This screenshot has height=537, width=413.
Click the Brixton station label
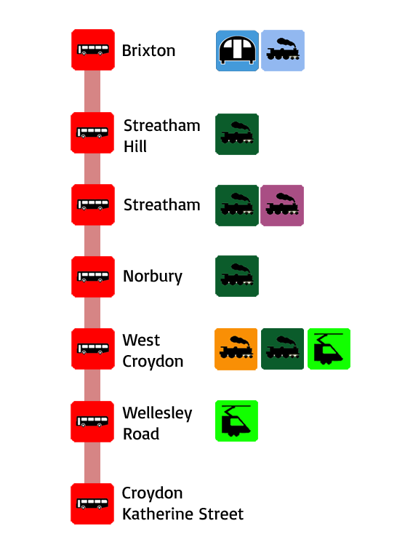(148, 51)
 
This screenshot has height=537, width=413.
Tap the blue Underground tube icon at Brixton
(237, 51)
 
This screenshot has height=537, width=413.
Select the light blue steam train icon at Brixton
(283, 51)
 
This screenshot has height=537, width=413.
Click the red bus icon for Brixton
(93, 50)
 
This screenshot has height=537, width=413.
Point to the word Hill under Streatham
(135, 146)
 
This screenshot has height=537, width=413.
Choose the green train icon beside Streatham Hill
(237, 134)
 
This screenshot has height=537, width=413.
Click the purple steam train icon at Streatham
(282, 205)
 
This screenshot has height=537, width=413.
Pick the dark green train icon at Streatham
(237, 205)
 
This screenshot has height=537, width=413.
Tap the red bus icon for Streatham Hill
(92, 132)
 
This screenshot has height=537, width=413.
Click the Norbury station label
(153, 277)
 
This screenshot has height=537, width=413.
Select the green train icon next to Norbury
(237, 276)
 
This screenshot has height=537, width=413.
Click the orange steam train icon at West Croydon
(236, 349)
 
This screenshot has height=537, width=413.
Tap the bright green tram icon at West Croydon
(329, 349)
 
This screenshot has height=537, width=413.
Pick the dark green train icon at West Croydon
(282, 349)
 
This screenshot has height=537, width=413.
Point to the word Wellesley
(157, 413)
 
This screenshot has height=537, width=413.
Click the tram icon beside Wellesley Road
(236, 421)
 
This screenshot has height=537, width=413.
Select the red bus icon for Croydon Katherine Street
(92, 504)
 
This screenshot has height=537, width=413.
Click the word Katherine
(158, 514)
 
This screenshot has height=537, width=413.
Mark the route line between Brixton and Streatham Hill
(92, 91)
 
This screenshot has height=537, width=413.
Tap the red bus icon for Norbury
(93, 277)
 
